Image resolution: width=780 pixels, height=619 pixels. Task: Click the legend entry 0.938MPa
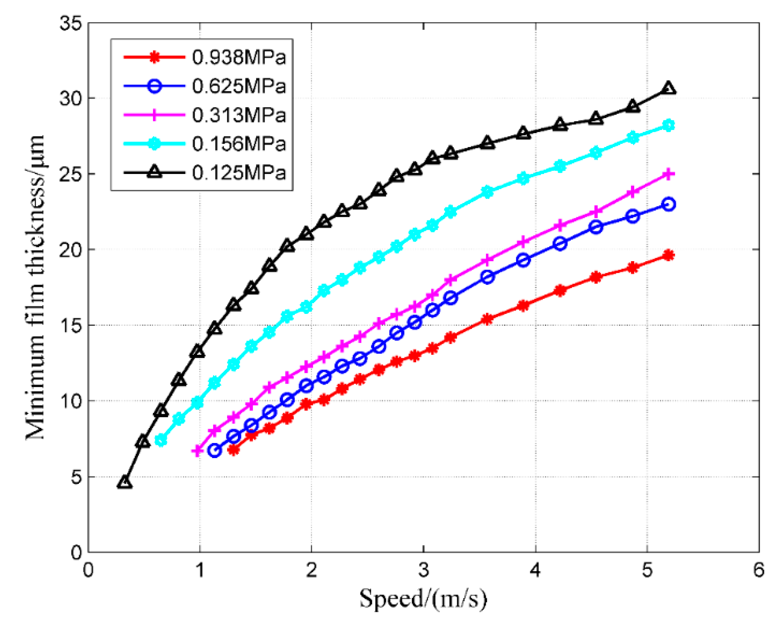(239, 57)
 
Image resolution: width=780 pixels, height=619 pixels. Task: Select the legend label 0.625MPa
(239, 86)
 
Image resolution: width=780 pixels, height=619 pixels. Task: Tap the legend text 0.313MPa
(239, 115)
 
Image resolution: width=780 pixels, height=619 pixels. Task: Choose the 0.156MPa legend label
(239, 143)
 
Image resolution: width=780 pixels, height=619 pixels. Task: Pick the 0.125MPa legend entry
(239, 172)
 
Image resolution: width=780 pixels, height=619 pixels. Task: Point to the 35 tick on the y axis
(71, 23)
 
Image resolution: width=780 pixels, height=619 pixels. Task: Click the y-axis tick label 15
(71, 325)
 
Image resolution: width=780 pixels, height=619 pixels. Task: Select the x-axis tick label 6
(758, 570)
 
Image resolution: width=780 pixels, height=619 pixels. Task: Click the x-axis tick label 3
(424, 570)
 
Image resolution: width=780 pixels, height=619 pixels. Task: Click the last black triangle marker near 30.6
(669, 88)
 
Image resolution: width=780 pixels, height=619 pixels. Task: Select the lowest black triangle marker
(125, 482)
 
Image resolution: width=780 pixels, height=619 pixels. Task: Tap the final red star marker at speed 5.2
(669, 255)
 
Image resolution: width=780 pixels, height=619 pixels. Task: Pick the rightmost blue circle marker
(669, 204)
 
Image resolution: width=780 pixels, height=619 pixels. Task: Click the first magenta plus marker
(197, 451)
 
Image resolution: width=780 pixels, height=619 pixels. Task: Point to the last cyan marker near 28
(669, 126)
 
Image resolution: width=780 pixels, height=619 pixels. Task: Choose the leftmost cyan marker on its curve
(161, 440)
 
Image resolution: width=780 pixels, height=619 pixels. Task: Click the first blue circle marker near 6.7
(215, 451)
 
